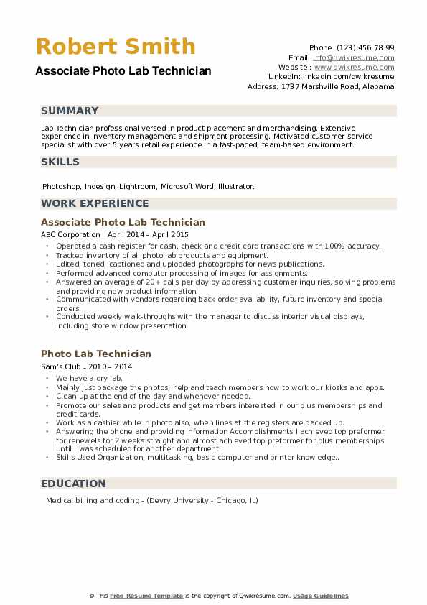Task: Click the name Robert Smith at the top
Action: (x=116, y=47)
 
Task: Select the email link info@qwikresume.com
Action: (x=353, y=57)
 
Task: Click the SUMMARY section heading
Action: (x=70, y=111)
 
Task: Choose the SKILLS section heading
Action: (x=60, y=162)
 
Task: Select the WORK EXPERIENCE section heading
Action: (x=95, y=203)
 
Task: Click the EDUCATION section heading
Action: (x=73, y=484)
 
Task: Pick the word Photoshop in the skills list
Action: (x=61, y=186)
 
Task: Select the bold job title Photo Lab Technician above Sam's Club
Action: (x=96, y=354)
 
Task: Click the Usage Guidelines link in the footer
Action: (x=320, y=596)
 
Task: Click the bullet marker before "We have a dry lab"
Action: (x=47, y=378)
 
